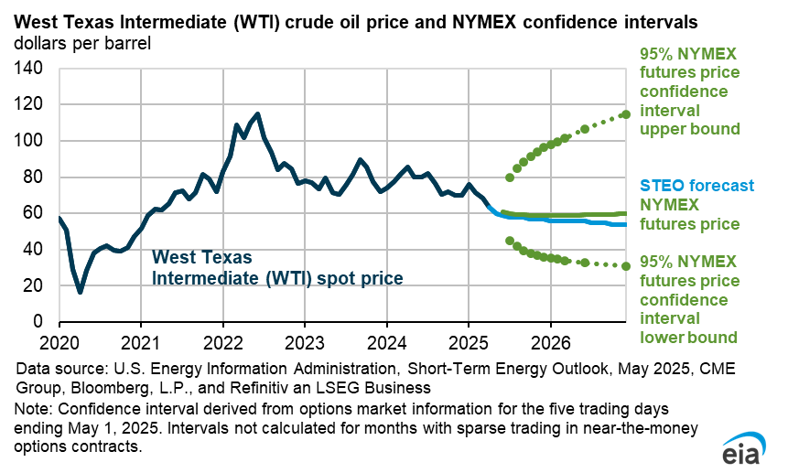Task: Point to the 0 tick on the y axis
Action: pyautogui.click(x=38, y=322)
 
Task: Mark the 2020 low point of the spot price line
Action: pyautogui.click(x=81, y=292)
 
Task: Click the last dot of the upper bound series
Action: pyautogui.click(x=626, y=114)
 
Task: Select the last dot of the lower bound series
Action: pyautogui.click(x=626, y=266)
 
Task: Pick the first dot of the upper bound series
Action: pyautogui.click(x=510, y=177)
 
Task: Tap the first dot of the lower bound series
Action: pyautogui.click(x=510, y=241)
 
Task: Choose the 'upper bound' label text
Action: pyautogui.click(x=689, y=129)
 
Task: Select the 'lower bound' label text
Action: pyautogui.click(x=688, y=336)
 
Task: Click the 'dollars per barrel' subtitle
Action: pyautogui.click(x=81, y=42)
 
